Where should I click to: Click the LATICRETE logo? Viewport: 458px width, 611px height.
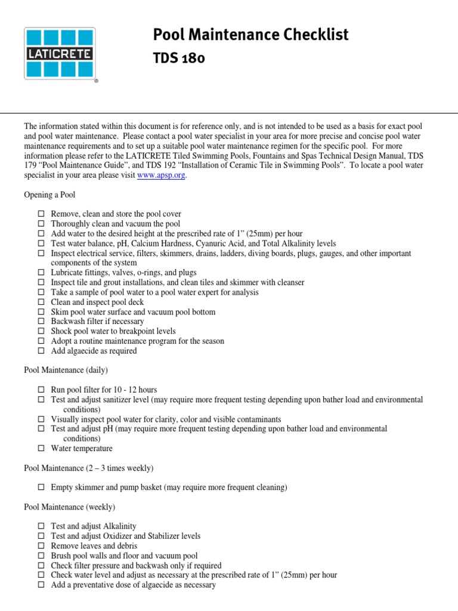[x=58, y=53]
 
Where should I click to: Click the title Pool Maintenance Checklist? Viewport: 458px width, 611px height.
[x=250, y=35]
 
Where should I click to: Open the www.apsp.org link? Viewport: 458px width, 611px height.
[x=161, y=175]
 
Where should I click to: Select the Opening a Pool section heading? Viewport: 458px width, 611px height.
[x=49, y=195]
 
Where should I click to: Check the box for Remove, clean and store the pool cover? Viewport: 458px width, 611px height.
[x=41, y=214]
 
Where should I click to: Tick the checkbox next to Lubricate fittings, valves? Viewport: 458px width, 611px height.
[x=41, y=273]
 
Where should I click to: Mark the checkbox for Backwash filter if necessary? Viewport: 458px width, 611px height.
[x=41, y=322]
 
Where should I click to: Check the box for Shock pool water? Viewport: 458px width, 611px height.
[x=41, y=331]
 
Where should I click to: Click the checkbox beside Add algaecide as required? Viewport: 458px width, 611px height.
[x=41, y=351]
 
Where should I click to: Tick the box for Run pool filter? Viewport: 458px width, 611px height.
[x=41, y=390]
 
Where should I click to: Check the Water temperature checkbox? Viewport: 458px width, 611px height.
[x=41, y=449]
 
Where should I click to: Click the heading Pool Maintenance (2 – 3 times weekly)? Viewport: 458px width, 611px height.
[x=88, y=468]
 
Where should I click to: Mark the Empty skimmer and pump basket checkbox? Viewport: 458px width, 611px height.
[x=41, y=487]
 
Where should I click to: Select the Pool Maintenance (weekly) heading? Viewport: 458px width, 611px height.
[x=69, y=507]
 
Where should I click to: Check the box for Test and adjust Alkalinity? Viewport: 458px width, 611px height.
[x=41, y=527]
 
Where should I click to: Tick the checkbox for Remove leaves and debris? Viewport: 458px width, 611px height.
[x=41, y=546]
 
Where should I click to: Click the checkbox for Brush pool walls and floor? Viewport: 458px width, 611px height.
[x=41, y=556]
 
